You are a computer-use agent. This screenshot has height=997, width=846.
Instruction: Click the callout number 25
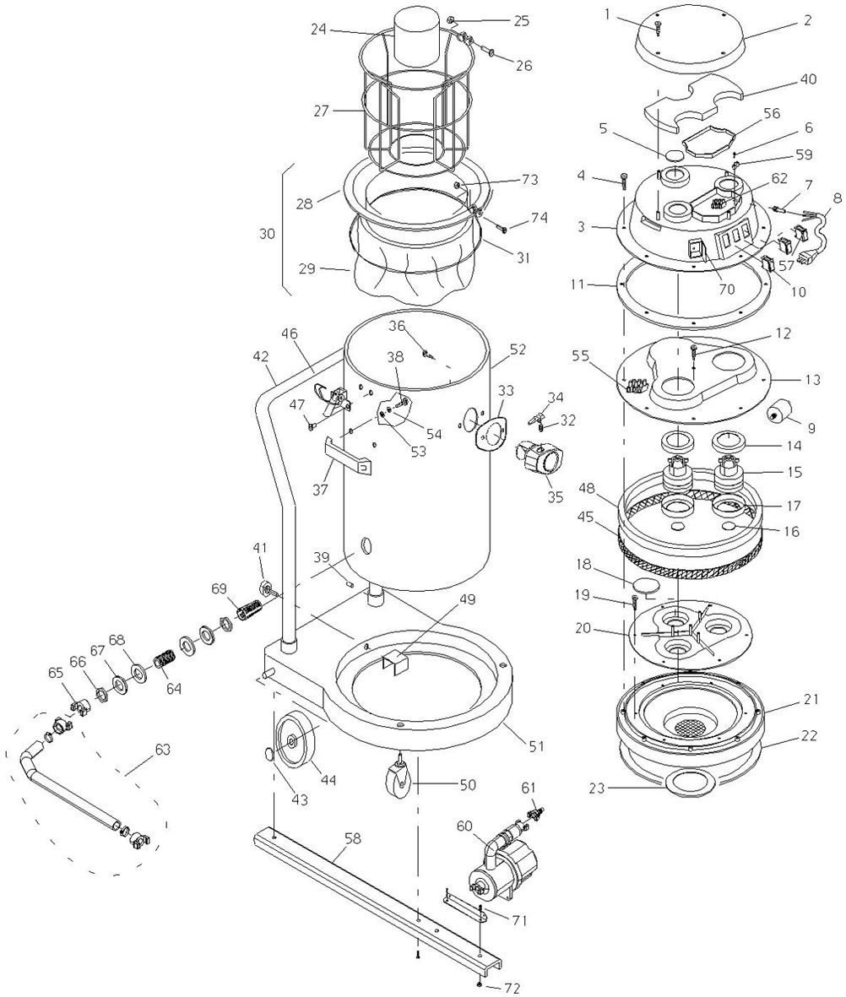tap(521, 21)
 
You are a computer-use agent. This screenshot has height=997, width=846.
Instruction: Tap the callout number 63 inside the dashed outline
tap(162, 750)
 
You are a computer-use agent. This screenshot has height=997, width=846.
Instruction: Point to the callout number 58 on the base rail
tap(352, 838)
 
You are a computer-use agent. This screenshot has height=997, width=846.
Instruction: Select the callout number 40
tap(808, 80)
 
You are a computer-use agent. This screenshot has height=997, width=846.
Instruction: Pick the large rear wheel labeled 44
tap(297, 741)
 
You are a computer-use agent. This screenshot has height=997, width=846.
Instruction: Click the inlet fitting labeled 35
tap(540, 458)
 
